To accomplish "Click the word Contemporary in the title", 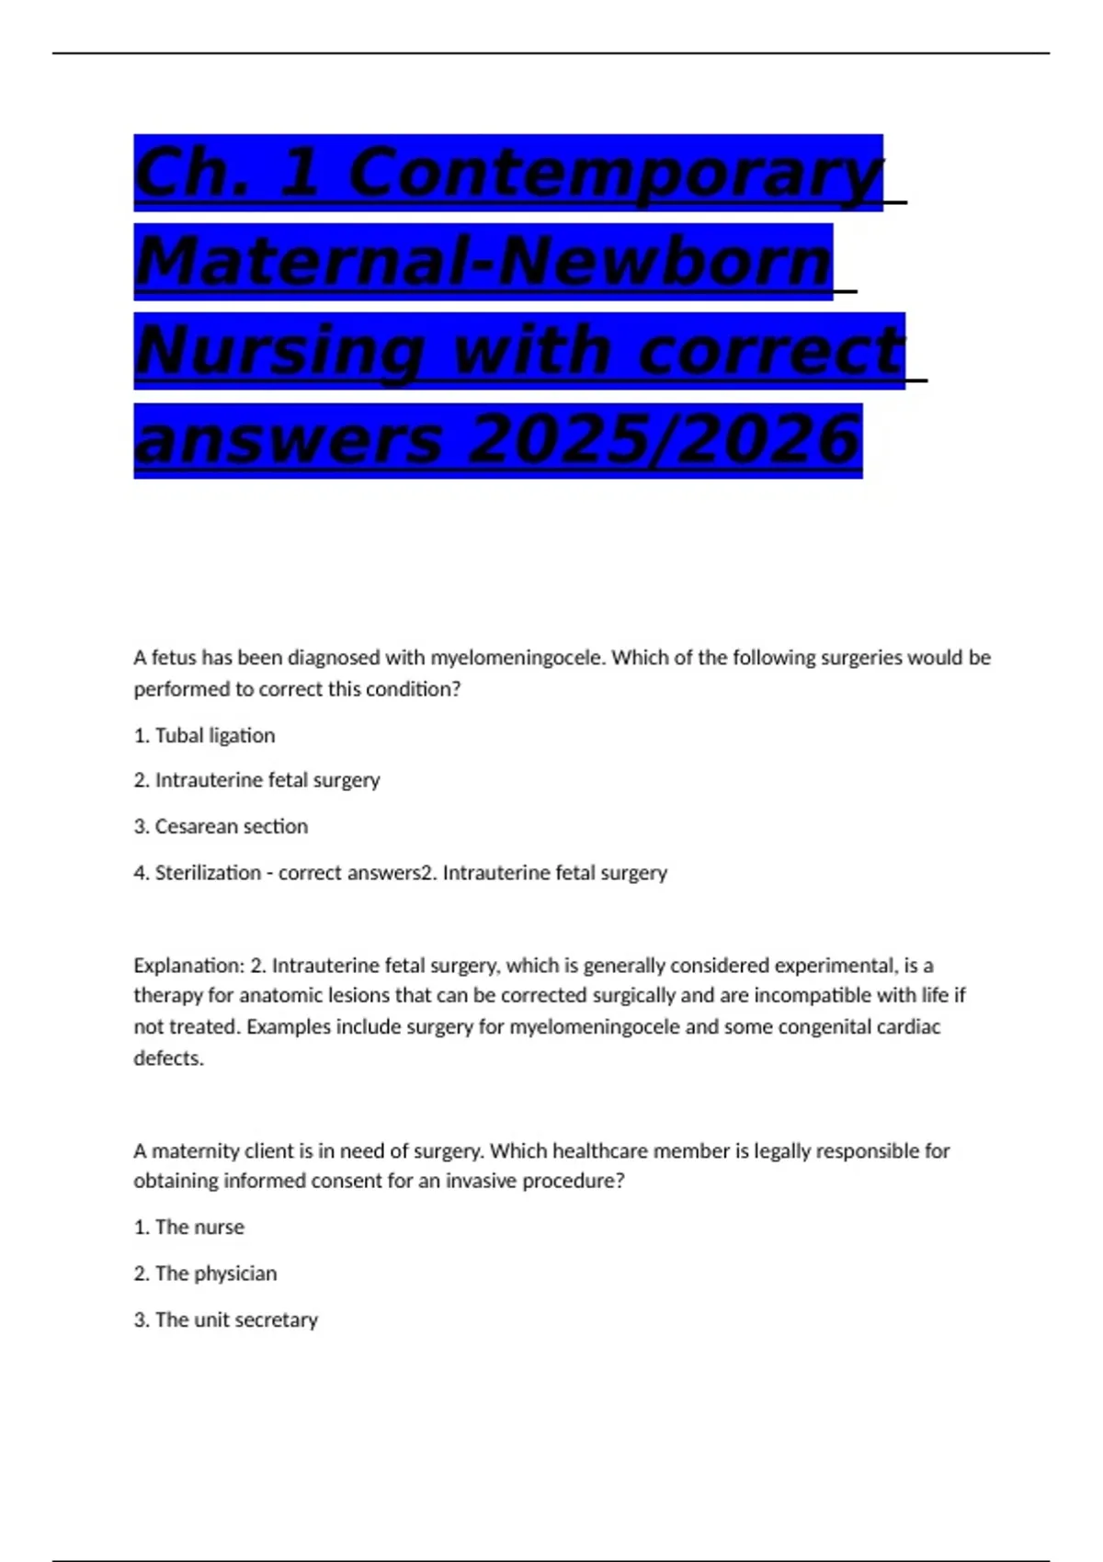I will (x=616, y=174).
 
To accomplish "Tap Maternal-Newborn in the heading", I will (x=483, y=263).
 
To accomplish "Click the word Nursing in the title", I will (x=281, y=352).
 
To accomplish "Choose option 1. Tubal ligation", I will (x=204, y=736).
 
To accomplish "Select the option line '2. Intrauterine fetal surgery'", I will (x=256, y=780).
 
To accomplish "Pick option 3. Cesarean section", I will (x=221, y=827).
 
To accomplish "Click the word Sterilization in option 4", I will (x=208, y=873).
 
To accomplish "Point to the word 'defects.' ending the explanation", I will (x=169, y=1058).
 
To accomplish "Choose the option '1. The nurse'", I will (x=189, y=1228).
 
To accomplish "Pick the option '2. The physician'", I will (x=205, y=1273).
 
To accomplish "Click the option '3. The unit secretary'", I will (x=226, y=1320).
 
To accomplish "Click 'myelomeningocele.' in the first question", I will (x=518, y=658).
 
